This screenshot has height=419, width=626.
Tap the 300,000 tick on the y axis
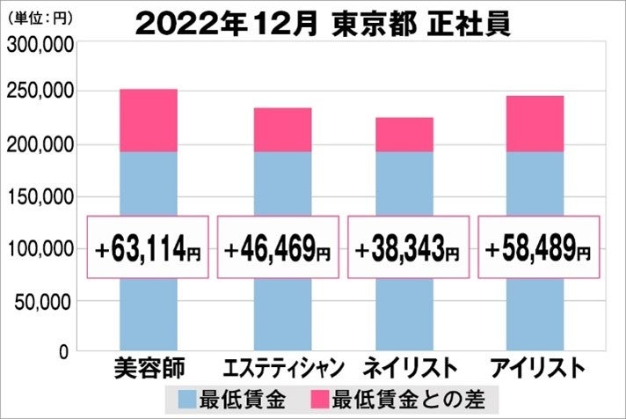click(x=38, y=48)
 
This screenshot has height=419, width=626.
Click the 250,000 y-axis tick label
click(x=38, y=92)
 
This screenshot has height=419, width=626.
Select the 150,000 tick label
click(x=38, y=197)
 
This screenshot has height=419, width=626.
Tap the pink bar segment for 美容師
click(x=148, y=121)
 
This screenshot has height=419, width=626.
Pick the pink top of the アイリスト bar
click(x=536, y=123)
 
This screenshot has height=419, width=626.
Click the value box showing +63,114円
click(x=148, y=247)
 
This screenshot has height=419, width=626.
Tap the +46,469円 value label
click(x=277, y=247)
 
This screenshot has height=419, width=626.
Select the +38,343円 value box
click(x=407, y=247)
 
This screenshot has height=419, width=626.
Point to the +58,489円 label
click(x=537, y=247)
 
